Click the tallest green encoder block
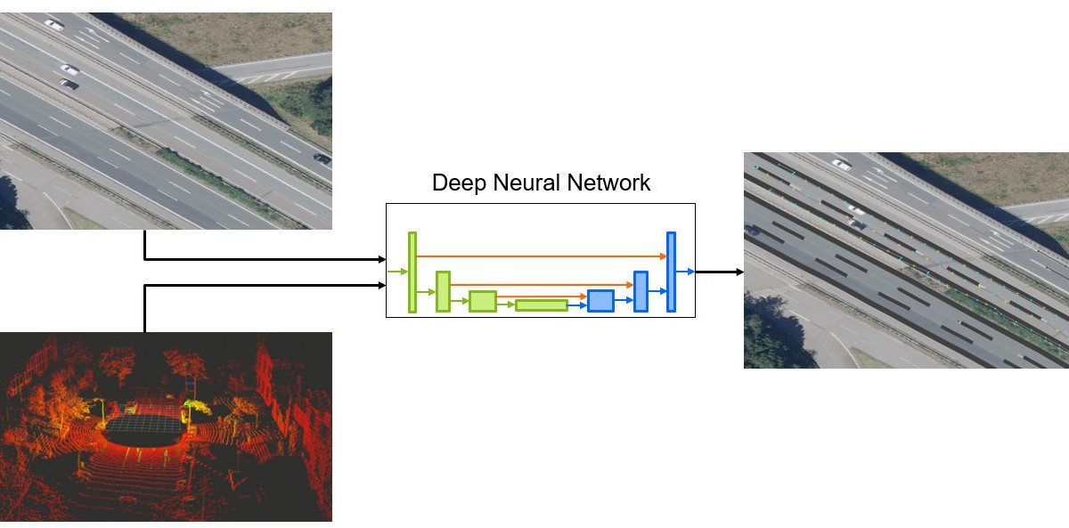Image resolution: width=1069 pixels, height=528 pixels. point(412,272)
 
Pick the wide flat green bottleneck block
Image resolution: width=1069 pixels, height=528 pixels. point(542,305)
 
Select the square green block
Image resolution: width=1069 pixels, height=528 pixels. point(483,301)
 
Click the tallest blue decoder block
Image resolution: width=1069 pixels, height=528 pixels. point(671,272)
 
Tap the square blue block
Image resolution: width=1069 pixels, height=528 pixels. point(600,301)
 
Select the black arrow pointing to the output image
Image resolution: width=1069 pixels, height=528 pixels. point(719,272)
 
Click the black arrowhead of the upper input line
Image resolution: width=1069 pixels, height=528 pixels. point(381,260)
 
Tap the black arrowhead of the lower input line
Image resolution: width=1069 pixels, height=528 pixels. point(381,286)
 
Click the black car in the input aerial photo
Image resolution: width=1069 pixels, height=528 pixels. point(322,160)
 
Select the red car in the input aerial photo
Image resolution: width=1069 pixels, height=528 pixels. point(69,85)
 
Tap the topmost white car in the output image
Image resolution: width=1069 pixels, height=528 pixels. point(841,164)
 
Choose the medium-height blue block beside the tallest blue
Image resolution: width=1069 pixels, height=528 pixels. point(641,291)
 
